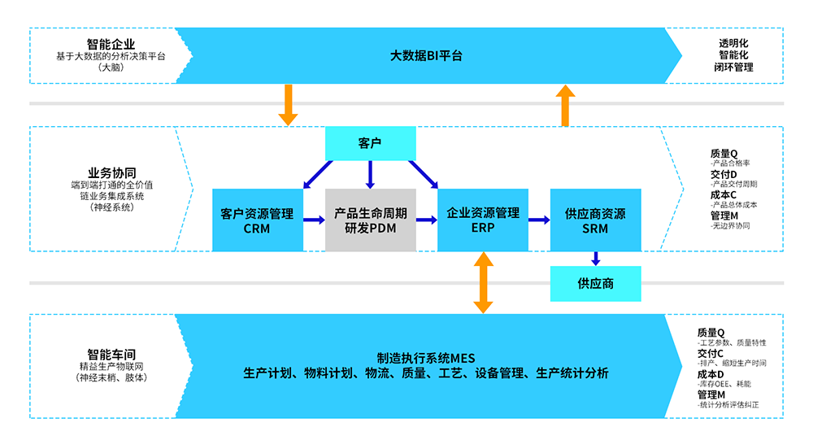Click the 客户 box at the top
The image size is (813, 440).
(370, 143)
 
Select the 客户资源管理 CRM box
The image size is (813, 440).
(256, 220)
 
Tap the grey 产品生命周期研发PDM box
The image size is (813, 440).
(370, 220)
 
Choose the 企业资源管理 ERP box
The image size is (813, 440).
(483, 220)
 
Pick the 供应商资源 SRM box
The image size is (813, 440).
(595, 220)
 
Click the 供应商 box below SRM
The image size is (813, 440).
(595, 284)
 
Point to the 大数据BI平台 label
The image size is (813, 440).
(426, 56)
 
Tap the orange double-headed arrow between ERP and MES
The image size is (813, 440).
(483, 282)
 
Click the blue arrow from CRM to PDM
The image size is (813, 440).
(314, 220)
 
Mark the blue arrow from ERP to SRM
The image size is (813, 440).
(539, 220)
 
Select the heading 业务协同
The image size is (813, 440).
(111, 172)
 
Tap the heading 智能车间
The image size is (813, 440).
(111, 354)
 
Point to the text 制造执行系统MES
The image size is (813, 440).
(425, 359)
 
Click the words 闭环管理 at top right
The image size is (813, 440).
(736, 68)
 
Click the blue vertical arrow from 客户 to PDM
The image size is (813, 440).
(370, 174)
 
